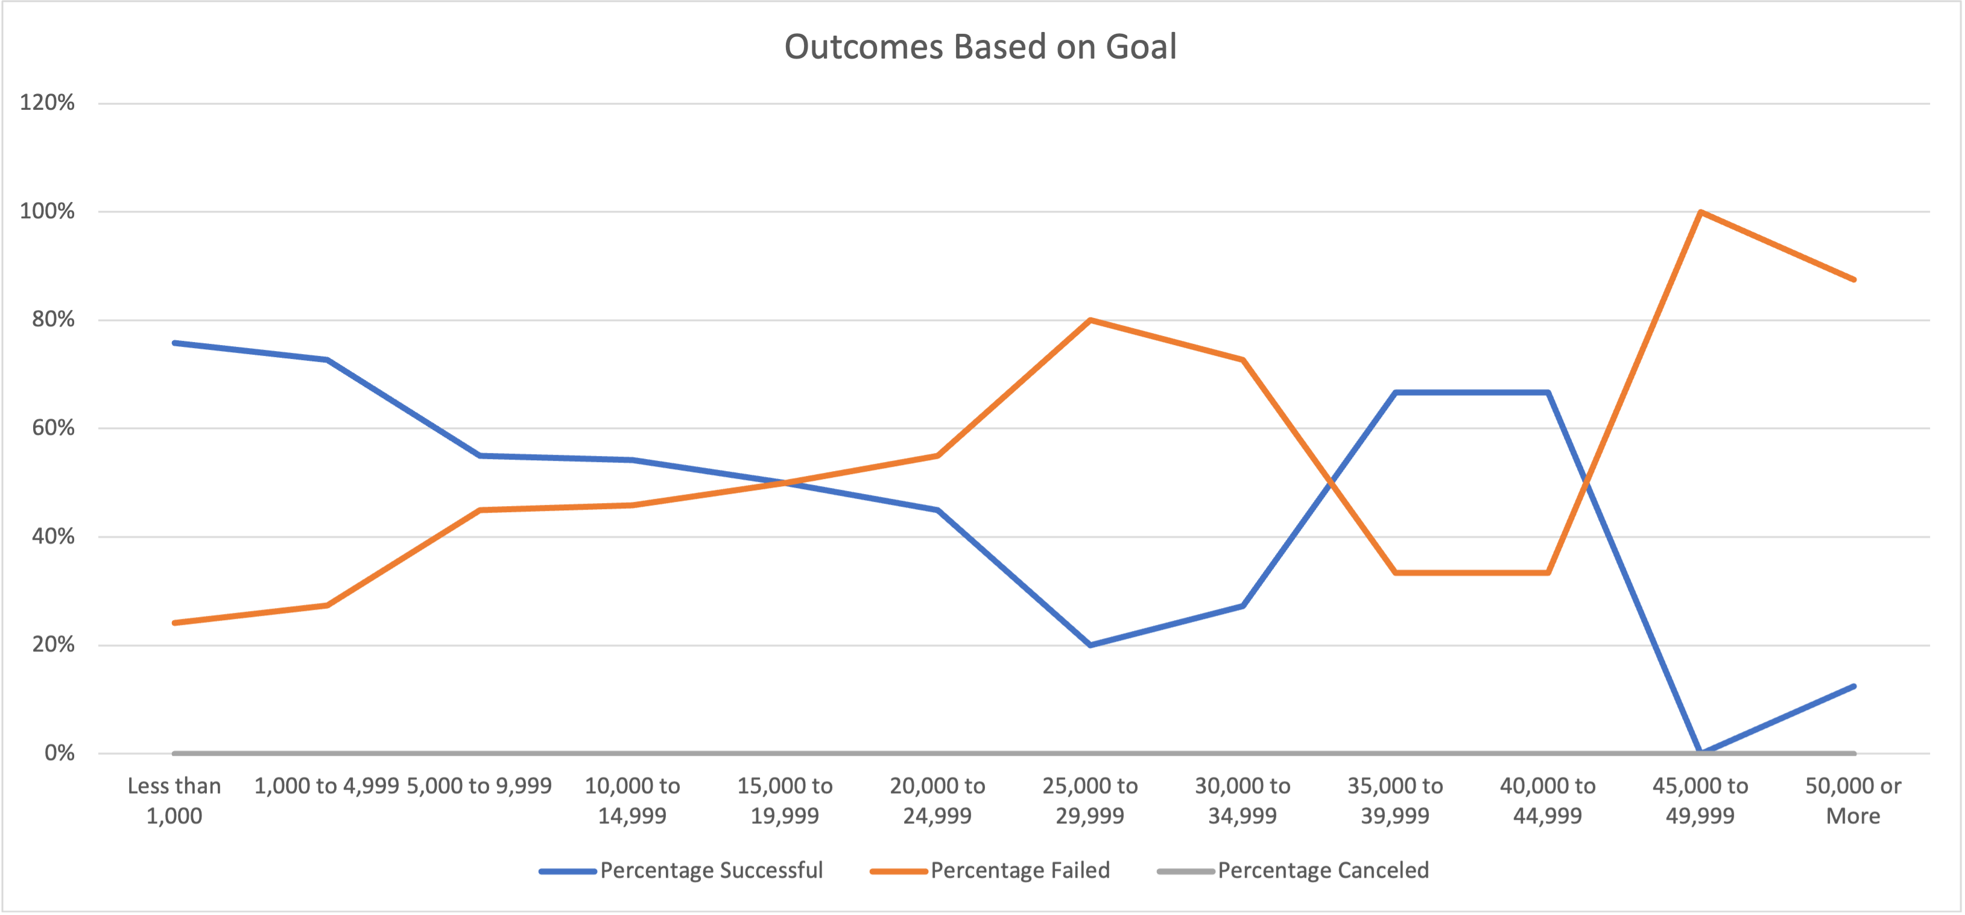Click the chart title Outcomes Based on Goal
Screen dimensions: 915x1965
(980, 46)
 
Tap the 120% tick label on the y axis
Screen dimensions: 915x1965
(47, 103)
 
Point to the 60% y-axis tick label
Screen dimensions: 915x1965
(54, 428)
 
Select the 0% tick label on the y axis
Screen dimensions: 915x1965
(60, 753)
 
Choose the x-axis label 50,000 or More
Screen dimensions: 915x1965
(1853, 800)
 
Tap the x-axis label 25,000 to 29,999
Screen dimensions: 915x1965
(1090, 800)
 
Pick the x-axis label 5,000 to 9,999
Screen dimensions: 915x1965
(479, 786)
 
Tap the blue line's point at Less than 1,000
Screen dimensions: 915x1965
(175, 343)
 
